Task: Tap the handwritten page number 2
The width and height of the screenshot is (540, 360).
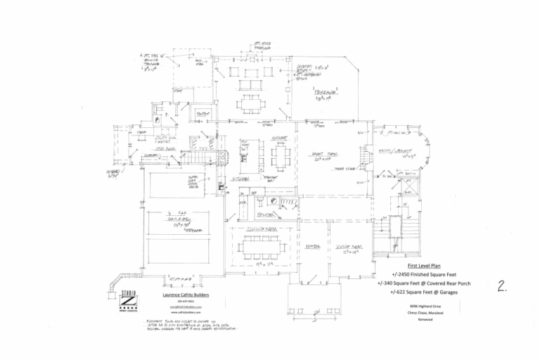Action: [x=503, y=286]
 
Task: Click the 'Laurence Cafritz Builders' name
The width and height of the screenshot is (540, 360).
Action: [x=186, y=295]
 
